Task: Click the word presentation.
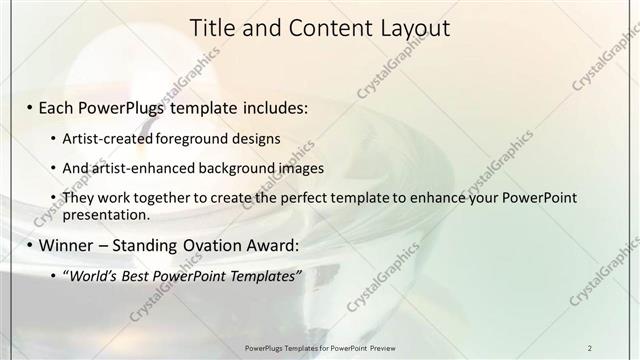coord(106,214)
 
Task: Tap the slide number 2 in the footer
coord(590,347)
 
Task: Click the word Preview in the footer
coord(389,347)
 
